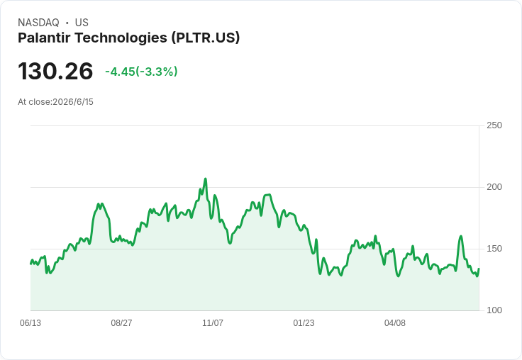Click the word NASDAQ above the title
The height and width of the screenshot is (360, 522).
[x=38, y=23]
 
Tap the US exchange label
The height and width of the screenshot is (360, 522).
[x=82, y=23]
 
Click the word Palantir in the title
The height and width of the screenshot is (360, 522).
[x=44, y=38]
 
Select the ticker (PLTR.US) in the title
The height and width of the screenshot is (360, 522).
[x=206, y=38]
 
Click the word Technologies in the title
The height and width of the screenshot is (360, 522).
[x=121, y=38]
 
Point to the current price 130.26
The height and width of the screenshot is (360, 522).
[x=55, y=71]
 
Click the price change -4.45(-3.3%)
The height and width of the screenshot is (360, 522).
[x=141, y=72]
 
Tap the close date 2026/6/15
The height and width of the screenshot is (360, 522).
[x=73, y=102]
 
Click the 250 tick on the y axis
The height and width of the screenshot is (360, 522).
[x=494, y=125]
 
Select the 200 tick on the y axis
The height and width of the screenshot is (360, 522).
[x=494, y=187]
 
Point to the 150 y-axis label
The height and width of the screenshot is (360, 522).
[x=494, y=249]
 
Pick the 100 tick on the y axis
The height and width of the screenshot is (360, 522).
[x=494, y=310]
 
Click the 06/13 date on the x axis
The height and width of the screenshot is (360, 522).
[x=30, y=322]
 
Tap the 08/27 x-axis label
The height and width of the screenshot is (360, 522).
[x=121, y=322]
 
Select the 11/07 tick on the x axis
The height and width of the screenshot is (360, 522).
[x=213, y=322]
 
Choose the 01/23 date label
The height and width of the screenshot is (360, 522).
[x=304, y=322]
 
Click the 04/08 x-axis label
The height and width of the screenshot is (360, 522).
[x=395, y=322]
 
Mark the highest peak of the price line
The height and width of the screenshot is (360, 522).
[x=206, y=179]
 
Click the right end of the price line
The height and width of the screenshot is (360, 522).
[x=479, y=269]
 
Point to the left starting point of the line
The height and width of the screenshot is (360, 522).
[x=31, y=264]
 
